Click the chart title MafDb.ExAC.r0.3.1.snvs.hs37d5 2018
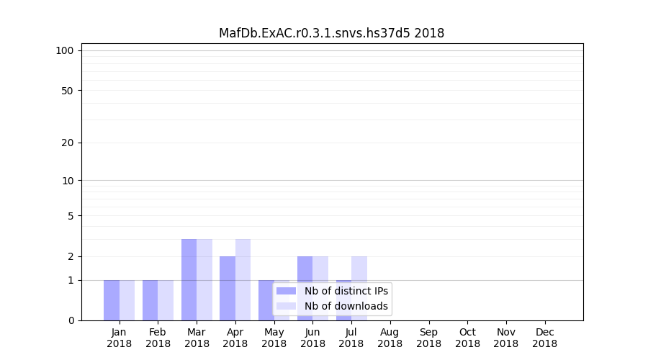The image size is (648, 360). pos(331,33)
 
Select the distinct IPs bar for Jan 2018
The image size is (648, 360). pos(112,300)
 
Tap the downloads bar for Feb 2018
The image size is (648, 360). pos(166,300)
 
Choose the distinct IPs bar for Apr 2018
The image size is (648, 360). pos(228,288)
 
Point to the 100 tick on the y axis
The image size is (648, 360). pos(66,50)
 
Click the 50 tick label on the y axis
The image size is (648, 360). pos(68,91)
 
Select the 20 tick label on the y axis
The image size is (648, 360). pos(68,143)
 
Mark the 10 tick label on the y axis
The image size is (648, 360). pos(68,181)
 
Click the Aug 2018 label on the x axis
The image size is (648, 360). pos(390,338)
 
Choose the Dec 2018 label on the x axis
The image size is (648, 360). pos(544,338)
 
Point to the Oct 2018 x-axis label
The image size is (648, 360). pos(467,338)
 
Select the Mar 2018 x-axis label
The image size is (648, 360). pos(197,338)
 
